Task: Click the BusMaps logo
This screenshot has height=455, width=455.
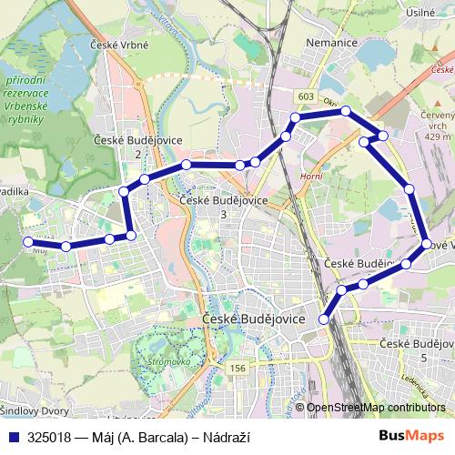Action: (x=414, y=435)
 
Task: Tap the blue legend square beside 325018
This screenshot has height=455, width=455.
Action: (x=14, y=436)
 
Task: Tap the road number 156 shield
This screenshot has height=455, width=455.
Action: (x=238, y=368)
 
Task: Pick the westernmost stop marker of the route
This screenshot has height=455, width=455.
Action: (x=26, y=241)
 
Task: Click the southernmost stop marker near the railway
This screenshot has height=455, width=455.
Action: (x=324, y=319)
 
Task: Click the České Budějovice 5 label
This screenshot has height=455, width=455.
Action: (x=417, y=350)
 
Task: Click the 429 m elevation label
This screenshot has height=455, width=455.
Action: (x=437, y=136)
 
